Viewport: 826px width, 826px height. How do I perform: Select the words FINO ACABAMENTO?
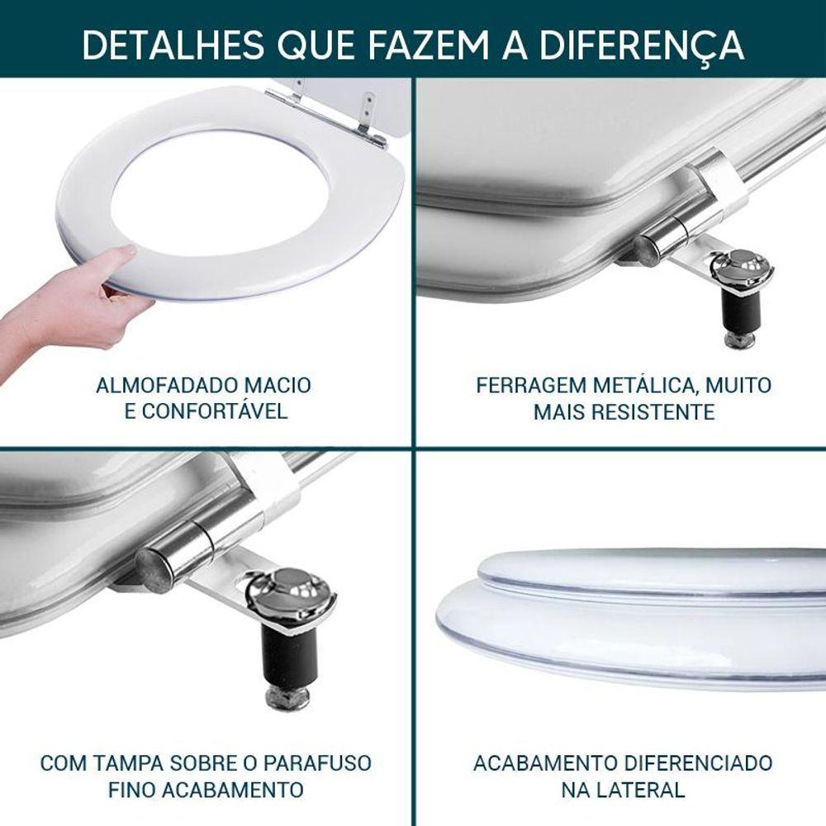click(206, 790)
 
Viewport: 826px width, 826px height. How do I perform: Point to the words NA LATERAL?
click(623, 790)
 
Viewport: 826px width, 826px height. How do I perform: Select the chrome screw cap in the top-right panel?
click(741, 268)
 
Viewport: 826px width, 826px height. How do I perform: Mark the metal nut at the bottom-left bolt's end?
click(287, 698)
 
